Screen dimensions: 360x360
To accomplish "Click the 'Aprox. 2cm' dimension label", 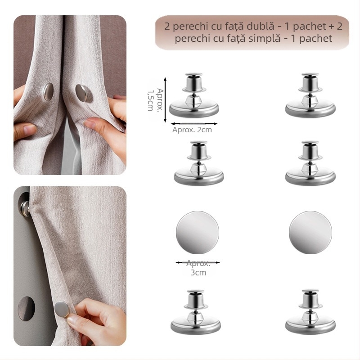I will coord(192,130).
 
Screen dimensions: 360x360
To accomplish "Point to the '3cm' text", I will coord(198,273).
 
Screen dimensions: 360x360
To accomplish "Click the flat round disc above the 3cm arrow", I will coord(197,233).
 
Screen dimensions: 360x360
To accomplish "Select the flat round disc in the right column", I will coord(310,233).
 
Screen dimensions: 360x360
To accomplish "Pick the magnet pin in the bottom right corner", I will coord(310,313).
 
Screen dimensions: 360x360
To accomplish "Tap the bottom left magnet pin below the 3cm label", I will coord(195,313).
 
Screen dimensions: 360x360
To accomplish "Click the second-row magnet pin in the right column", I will coord(310,164).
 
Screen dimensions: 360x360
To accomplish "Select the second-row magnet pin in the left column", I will coord(198,164).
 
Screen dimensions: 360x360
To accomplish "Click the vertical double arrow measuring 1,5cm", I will coord(166,100).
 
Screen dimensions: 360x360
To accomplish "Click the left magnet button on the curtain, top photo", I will coord(48,91).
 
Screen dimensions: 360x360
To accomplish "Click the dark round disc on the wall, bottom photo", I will coord(26,308).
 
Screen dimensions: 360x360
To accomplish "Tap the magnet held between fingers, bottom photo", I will coord(61,310).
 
